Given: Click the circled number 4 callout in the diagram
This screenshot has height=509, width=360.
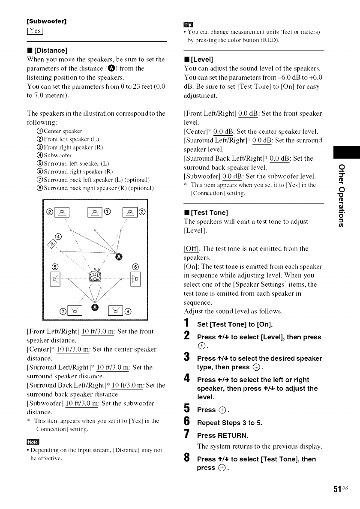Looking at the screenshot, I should coord(59,237).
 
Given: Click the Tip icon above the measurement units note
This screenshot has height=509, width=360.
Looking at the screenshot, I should coord(189,24).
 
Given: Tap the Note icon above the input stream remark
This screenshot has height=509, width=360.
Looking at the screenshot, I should coord(33,442).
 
